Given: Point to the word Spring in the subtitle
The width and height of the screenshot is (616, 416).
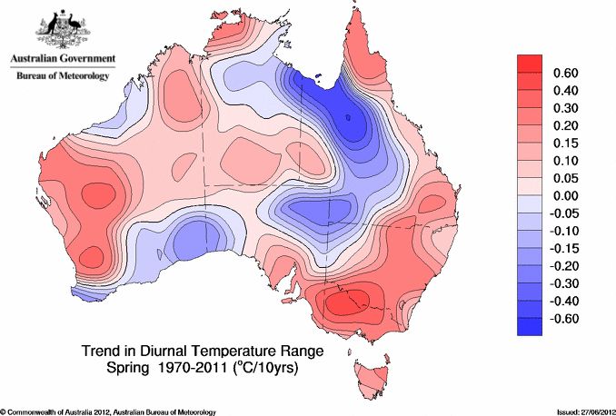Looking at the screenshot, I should coord(127,370).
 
